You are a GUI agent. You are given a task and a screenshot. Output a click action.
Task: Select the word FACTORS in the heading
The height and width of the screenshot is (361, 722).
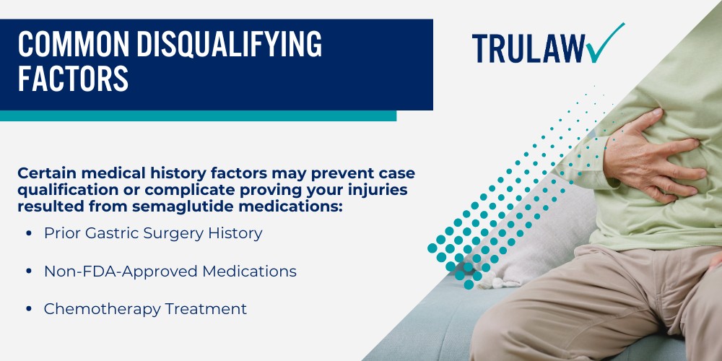(73, 79)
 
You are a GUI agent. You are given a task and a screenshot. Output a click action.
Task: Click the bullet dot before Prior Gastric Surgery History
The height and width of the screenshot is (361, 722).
(28, 234)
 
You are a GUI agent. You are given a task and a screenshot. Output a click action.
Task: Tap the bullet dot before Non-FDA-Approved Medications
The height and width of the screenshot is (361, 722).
(28, 271)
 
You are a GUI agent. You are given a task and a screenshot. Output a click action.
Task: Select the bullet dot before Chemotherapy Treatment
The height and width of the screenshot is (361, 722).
(28, 309)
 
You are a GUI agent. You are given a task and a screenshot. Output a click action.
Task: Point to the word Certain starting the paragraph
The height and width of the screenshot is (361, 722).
(47, 174)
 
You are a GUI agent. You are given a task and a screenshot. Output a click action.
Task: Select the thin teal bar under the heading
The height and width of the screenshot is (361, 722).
(198, 116)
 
